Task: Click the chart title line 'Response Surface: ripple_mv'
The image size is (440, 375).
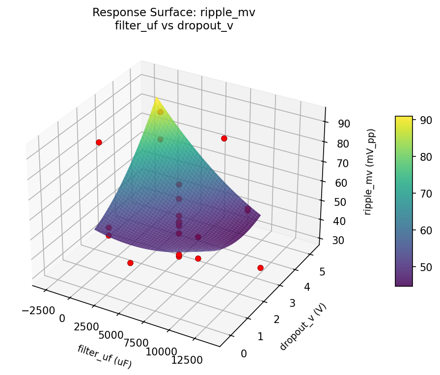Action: (174, 13)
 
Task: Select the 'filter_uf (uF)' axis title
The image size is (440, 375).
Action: (104, 356)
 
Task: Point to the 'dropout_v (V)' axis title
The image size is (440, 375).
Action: (303, 326)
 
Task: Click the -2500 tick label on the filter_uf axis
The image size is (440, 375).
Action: (33, 311)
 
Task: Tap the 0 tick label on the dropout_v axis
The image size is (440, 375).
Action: (244, 353)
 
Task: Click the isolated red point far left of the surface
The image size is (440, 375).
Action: (99, 142)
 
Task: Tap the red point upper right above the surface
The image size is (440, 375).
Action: (224, 139)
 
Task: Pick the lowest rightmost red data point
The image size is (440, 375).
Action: (260, 268)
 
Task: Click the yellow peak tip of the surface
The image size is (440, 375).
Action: (156, 98)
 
